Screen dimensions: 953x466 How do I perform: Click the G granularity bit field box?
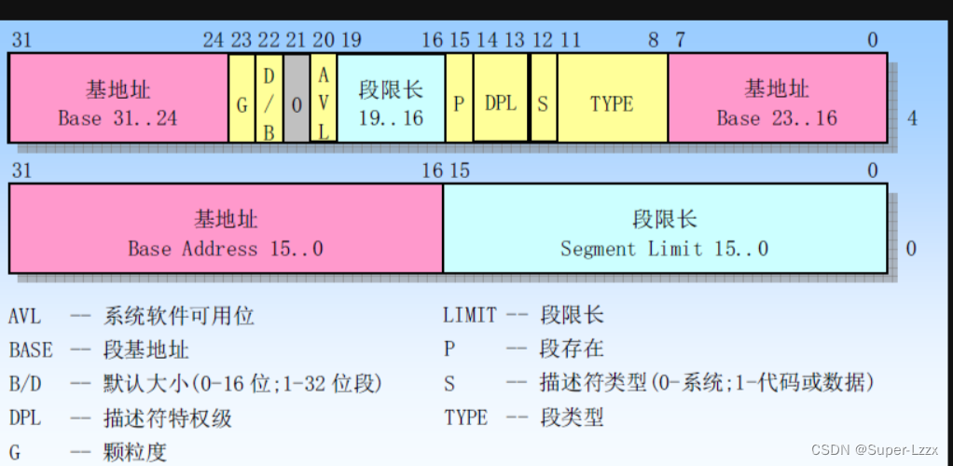tap(242, 98)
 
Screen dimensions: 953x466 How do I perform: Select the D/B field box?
tap(269, 98)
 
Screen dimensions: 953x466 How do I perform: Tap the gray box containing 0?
tap(297, 98)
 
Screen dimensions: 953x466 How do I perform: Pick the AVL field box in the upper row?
tap(324, 98)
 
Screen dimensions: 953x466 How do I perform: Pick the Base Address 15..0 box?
tap(226, 228)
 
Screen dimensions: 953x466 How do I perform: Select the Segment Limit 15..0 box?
tap(664, 228)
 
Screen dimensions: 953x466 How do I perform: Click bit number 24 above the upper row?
tap(214, 39)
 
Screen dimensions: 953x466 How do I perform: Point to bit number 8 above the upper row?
tap(653, 39)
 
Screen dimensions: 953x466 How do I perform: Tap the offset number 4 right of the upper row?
tap(911, 119)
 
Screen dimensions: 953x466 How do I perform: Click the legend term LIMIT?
tap(470, 316)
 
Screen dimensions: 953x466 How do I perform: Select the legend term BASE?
tap(31, 350)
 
